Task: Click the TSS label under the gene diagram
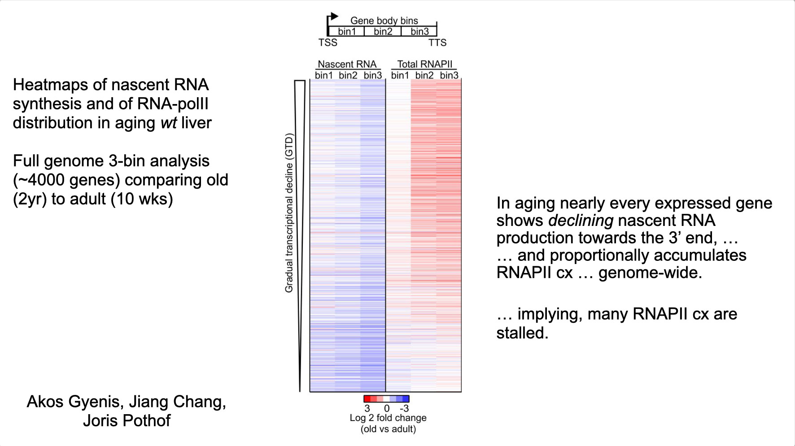pyautogui.click(x=328, y=43)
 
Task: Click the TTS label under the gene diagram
pyautogui.click(x=437, y=43)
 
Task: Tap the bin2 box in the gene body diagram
pyautogui.click(x=383, y=31)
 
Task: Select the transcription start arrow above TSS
pyautogui.click(x=333, y=17)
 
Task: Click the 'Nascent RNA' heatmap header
pyautogui.click(x=347, y=64)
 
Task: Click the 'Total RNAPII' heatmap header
pyautogui.click(x=424, y=64)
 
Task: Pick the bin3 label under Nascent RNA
pyautogui.click(x=372, y=75)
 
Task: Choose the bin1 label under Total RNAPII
pyautogui.click(x=400, y=75)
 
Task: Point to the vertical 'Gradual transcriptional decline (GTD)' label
pyautogui.click(x=289, y=213)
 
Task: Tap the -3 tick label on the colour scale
pyautogui.click(x=404, y=408)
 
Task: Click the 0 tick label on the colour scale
pyautogui.click(x=387, y=408)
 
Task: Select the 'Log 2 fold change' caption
pyautogui.click(x=388, y=418)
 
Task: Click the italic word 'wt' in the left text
pyautogui.click(x=168, y=123)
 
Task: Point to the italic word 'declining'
pyautogui.click(x=581, y=221)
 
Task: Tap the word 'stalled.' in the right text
pyautogui.click(x=522, y=333)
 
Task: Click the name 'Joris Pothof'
pyautogui.click(x=127, y=420)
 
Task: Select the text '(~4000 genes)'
pyautogui.click(x=66, y=180)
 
